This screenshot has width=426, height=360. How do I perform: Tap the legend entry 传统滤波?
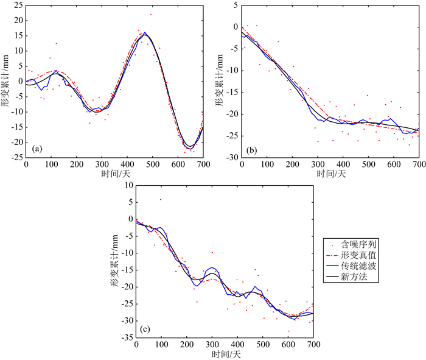pos(355,266)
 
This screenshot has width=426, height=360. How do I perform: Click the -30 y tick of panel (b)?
pos(231,157)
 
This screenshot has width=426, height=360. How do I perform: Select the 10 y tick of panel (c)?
pos(127,185)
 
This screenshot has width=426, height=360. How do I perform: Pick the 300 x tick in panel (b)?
pos(318,164)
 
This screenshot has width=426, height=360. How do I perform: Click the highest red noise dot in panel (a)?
pos(151,14)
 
